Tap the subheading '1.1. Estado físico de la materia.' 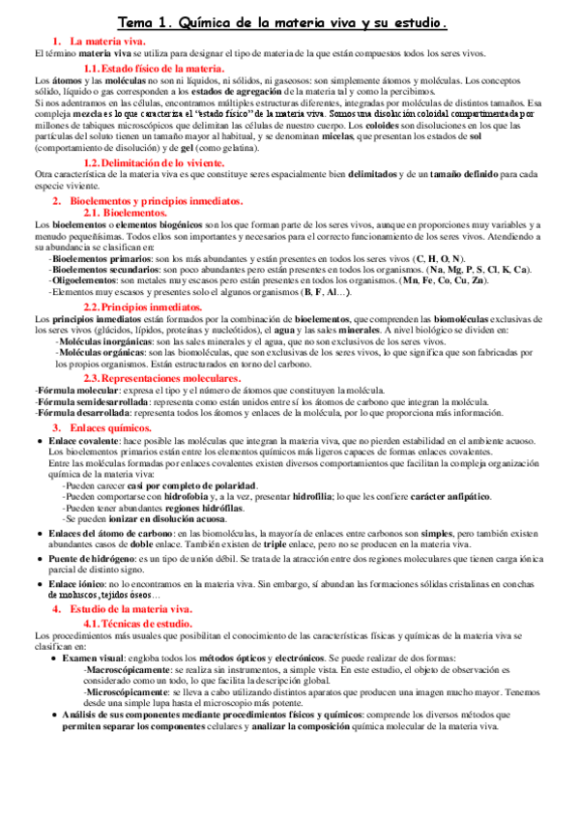point(154,68)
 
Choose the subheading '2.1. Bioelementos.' point(126,211)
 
